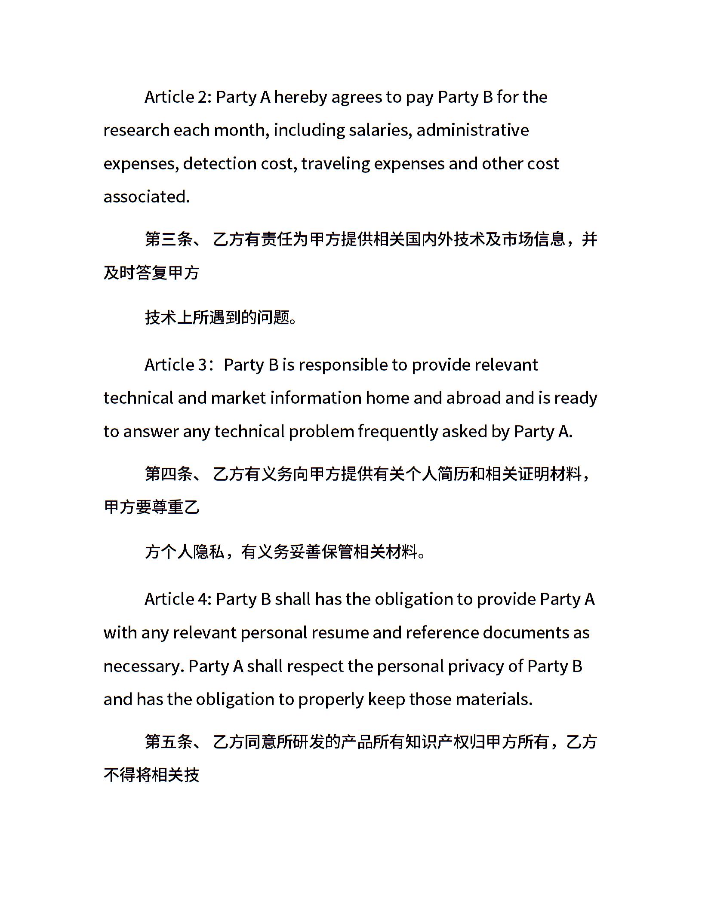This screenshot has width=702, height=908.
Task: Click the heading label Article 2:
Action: (x=178, y=97)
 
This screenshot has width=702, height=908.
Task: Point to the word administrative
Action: (x=472, y=130)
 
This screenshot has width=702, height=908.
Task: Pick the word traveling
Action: (x=335, y=164)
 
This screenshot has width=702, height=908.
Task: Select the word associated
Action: (x=146, y=197)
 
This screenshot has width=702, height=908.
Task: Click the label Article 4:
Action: (x=178, y=599)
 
